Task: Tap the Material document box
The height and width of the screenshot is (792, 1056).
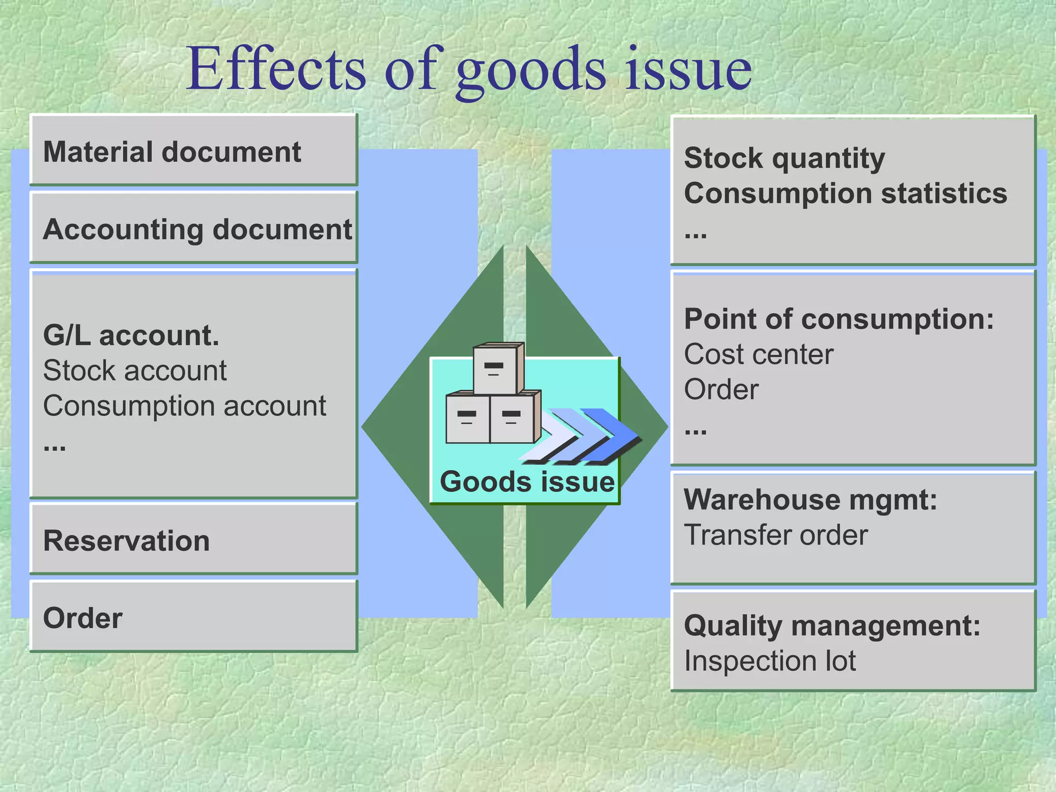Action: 193,150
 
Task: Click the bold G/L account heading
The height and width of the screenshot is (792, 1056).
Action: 131,335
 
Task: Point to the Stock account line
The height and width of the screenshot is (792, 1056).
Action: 135,370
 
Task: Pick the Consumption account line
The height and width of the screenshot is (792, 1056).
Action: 184,406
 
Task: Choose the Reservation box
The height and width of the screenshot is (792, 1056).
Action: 193,539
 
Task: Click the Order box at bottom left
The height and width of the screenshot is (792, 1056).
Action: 193,617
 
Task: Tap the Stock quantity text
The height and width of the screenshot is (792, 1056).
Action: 784,158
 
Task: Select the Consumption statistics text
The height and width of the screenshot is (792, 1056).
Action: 845,193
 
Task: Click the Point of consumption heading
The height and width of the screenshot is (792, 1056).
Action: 838,319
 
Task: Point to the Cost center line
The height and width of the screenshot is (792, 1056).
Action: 758,355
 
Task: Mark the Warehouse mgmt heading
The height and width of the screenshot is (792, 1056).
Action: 810,499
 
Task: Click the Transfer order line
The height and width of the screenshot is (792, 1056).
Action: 775,535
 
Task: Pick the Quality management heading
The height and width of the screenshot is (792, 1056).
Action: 832,625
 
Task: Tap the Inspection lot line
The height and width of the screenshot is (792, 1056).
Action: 769,661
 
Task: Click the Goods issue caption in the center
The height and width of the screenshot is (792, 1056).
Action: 526,482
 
